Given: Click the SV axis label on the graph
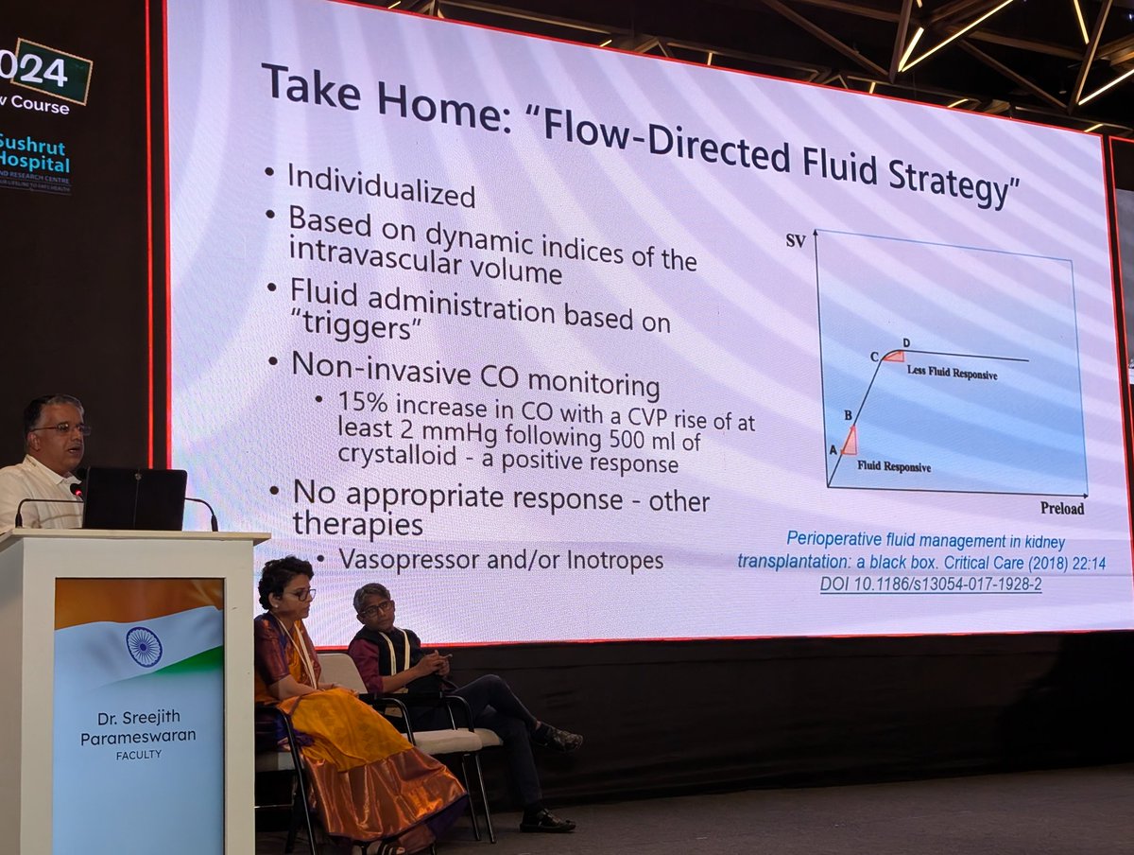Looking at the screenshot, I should (x=796, y=241).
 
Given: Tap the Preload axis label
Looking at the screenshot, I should (x=1062, y=509).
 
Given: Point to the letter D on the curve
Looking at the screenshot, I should (x=906, y=342).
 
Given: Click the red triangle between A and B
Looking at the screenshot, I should (x=849, y=441).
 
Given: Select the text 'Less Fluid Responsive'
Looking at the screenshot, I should (x=952, y=373).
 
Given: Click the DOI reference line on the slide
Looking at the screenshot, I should (x=931, y=585).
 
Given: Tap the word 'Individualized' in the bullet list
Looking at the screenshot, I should (x=381, y=186).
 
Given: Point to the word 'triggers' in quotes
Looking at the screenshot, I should (x=355, y=331).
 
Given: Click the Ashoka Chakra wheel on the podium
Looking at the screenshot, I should (x=144, y=647).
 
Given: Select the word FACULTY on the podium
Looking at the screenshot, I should (x=138, y=755).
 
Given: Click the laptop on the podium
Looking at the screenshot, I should (x=133, y=498).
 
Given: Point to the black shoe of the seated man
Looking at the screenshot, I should (x=546, y=820).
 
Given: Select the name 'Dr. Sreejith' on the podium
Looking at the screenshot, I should (x=138, y=717).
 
